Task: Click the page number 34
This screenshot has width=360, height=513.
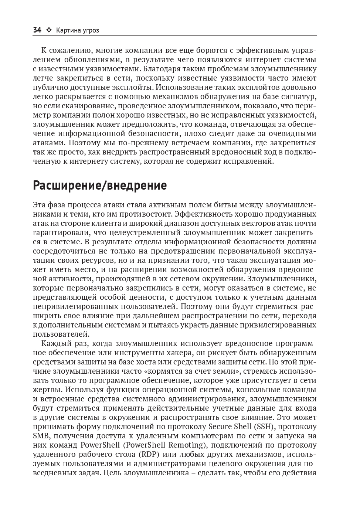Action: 37,30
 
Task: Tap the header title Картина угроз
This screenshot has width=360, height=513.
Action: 78,30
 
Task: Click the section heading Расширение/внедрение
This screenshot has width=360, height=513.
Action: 100,185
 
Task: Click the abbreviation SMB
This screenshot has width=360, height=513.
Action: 40,436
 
